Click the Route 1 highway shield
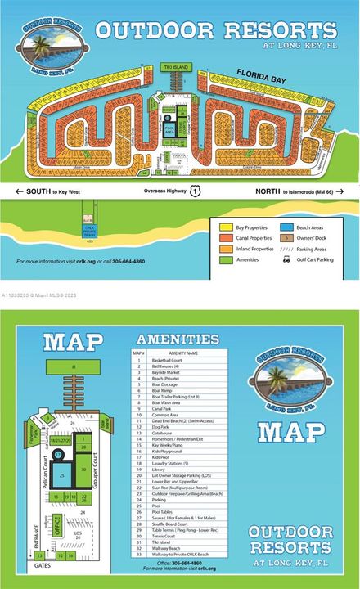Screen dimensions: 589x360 click(195, 191)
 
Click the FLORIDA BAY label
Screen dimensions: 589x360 click(259, 74)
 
